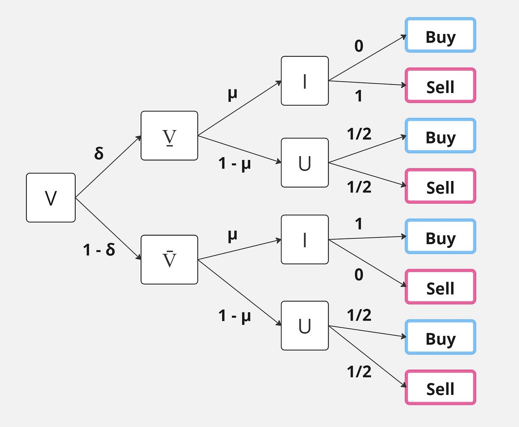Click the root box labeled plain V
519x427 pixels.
(51, 197)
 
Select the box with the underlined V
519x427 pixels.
(169, 135)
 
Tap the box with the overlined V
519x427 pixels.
(169, 260)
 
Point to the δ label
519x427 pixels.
(99, 153)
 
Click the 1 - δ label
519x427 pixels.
(99, 249)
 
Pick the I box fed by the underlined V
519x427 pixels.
(305, 81)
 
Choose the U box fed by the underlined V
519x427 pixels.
(305, 163)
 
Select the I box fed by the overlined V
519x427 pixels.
(305, 240)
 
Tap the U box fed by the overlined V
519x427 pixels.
(305, 326)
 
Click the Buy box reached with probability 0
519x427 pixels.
(441, 35)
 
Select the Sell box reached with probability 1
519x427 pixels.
(441, 85)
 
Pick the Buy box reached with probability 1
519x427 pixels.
(441, 236)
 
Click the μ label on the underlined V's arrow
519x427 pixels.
(232, 94)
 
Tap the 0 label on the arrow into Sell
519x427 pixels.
(359, 274)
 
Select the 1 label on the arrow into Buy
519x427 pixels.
(359, 224)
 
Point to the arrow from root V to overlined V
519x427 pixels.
(109, 229)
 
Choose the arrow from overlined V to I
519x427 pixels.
(240, 249)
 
